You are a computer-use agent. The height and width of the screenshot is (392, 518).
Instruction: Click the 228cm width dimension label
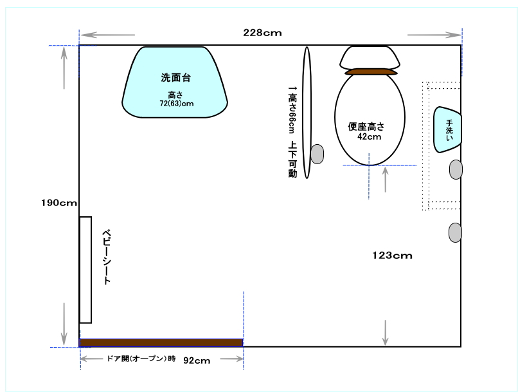tap(263, 33)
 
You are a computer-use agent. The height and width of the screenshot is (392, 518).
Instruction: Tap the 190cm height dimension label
tap(59, 203)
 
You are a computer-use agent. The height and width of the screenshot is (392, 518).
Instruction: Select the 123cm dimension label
tap(392, 256)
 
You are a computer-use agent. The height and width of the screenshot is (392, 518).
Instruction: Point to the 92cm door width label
tap(197, 360)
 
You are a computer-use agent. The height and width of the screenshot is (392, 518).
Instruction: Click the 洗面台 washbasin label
tap(175, 77)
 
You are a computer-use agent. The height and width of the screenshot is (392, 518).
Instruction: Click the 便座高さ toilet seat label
tap(366, 126)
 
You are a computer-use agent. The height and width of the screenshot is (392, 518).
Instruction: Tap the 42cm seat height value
tap(370, 136)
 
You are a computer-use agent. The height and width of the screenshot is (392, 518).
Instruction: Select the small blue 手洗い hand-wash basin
tap(447, 129)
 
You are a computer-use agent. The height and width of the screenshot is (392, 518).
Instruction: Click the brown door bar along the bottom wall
tap(161, 342)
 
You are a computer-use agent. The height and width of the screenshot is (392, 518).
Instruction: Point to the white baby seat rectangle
tap(85, 270)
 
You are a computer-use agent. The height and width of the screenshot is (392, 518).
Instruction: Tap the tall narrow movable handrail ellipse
tap(307, 113)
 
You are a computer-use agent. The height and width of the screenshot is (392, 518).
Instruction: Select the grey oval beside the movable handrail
tap(317, 154)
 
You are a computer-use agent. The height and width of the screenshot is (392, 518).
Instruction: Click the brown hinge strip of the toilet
tap(371, 72)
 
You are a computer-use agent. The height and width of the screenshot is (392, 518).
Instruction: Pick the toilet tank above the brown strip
tap(370, 57)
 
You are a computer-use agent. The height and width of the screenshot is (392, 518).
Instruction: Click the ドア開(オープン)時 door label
tap(141, 359)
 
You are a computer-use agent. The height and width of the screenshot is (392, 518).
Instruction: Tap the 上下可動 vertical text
tap(292, 160)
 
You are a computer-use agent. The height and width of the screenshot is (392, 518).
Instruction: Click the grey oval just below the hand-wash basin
tap(456, 169)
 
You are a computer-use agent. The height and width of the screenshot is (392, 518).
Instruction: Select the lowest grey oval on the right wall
tap(455, 232)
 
